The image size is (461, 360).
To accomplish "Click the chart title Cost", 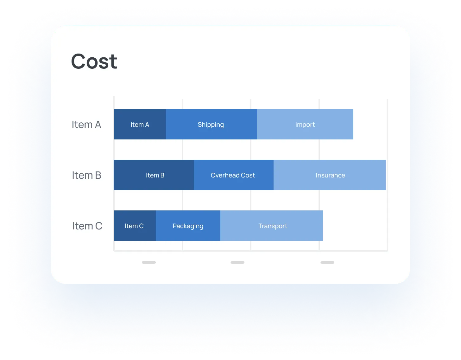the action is click(94, 61).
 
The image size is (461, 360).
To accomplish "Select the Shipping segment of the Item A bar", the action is click(211, 124).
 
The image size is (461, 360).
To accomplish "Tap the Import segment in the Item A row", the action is click(305, 124).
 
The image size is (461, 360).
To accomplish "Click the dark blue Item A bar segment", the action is click(140, 124).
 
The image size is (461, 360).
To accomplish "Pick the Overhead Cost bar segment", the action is click(234, 175).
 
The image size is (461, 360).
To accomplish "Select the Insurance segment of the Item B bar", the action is click(330, 175).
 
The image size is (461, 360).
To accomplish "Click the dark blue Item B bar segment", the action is click(154, 175).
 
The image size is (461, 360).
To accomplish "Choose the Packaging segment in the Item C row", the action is click(188, 226).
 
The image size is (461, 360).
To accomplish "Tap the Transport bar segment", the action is click(272, 226).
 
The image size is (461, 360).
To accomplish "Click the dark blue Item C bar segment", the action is click(135, 226).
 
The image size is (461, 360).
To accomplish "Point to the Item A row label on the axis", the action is click(86, 125).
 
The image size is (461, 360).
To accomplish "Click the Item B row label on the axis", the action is click(86, 175).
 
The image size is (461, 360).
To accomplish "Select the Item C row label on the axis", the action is click(87, 226).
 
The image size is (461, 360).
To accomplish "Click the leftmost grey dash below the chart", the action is click(149, 263).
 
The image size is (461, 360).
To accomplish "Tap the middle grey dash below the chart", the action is click(237, 263).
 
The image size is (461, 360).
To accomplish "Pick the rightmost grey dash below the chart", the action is click(327, 263).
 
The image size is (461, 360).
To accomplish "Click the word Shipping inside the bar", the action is click(211, 125).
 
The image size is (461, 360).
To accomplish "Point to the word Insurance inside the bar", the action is click(330, 175).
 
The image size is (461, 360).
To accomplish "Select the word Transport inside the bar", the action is click(273, 226).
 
